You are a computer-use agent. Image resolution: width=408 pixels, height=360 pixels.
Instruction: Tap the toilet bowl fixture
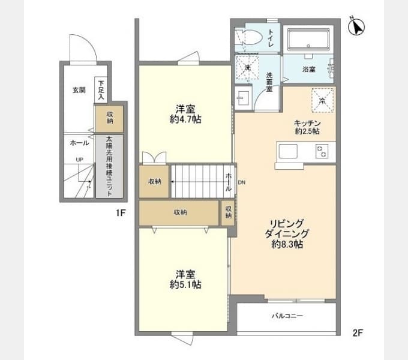248,37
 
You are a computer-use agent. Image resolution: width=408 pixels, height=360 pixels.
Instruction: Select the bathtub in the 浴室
308,39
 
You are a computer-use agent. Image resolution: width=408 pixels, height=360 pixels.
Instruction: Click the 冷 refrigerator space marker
323,100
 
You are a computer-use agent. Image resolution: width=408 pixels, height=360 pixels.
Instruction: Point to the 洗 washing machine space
247,67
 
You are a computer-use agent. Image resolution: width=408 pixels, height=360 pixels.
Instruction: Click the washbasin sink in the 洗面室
243,98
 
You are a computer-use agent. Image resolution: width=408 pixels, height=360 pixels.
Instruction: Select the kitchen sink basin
288,151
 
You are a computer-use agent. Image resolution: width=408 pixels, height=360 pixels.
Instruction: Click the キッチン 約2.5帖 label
307,127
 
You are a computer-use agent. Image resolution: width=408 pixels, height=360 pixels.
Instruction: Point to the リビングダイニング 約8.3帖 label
287,233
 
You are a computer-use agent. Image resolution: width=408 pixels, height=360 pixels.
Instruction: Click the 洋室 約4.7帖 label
185,114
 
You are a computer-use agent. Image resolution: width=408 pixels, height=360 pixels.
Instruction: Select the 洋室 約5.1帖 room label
185,280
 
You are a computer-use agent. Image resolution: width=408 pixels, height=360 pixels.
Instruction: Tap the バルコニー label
287,316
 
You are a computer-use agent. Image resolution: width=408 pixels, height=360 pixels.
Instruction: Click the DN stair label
241,182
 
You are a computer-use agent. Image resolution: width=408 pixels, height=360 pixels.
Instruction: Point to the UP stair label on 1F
80,160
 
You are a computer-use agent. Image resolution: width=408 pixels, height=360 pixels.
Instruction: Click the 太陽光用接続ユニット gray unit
109,166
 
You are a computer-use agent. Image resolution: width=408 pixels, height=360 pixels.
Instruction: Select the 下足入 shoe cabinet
101,90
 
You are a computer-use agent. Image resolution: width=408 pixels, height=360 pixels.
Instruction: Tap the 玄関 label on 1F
79,90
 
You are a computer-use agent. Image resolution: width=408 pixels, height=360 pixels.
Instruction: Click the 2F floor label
358,332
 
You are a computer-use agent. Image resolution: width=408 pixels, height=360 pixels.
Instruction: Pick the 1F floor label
121,213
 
